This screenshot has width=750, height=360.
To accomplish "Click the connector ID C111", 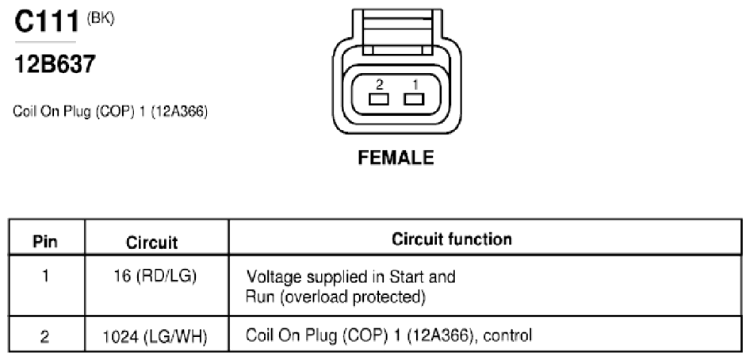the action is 47,21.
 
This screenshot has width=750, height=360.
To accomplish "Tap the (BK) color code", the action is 100,20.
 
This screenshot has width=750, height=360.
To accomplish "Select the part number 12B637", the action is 55,64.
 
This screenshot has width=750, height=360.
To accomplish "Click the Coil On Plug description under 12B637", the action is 110,112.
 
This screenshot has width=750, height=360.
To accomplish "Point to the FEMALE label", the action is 396,158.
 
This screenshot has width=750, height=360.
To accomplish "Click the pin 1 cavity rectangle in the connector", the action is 414,99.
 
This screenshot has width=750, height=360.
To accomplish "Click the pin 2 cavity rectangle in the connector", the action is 378,99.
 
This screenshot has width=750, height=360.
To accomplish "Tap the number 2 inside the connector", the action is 379,85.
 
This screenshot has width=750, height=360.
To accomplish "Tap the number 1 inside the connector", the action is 415,85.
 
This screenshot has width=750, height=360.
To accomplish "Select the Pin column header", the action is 45,241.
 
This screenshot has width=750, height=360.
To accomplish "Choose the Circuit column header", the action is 151,243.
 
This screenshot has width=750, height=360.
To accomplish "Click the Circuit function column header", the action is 452,239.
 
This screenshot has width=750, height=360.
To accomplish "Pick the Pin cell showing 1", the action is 45,276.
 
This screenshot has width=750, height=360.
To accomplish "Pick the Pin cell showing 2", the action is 44,337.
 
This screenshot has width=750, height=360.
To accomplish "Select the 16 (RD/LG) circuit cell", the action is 155,276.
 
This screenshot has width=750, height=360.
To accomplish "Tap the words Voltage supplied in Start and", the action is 350,277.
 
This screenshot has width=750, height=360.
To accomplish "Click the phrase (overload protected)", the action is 353,297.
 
